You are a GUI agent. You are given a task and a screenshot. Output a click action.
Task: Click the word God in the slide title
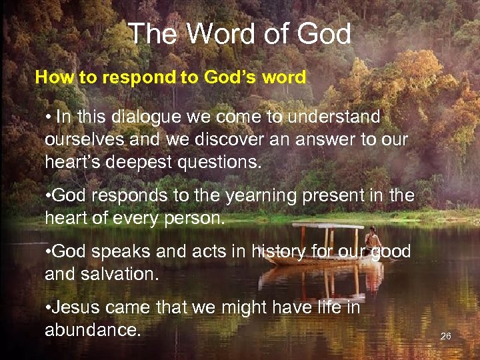[x=324, y=34]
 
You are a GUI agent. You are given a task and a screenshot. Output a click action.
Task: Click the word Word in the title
[x=220, y=34]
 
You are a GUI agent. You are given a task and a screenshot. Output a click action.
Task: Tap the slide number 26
[x=446, y=337]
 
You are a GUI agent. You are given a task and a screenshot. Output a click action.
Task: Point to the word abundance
[x=93, y=330]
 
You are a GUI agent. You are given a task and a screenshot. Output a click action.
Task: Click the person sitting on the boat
[x=374, y=239]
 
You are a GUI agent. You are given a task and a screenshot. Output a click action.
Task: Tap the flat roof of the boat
[x=327, y=226]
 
